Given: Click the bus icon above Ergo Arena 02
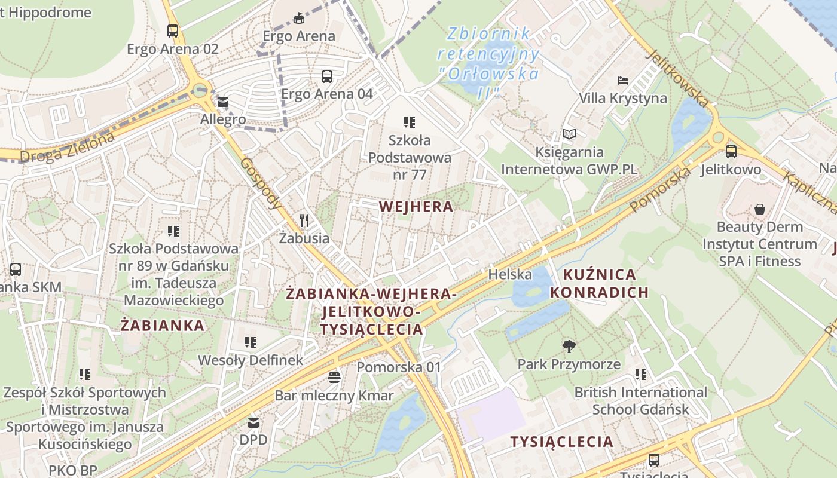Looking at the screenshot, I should tap(173, 31).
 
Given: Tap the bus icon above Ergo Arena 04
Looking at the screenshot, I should tap(327, 76).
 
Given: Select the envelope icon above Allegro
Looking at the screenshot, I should tap(223, 102).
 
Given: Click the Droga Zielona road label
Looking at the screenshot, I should tap(66, 148).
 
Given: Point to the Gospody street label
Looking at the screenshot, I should tap(261, 183).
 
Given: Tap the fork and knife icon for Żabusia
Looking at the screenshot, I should tap(305, 220).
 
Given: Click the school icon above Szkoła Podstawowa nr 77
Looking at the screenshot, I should tap(410, 122).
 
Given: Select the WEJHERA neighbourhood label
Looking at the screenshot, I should tap(416, 207).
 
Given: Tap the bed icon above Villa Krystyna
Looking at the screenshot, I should tap(623, 81).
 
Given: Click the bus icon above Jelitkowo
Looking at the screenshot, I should tap(731, 152).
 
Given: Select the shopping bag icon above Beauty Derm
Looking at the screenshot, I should tap(759, 209).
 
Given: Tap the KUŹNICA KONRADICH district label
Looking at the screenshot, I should tap(599, 283).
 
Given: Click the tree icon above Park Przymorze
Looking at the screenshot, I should tap(569, 346).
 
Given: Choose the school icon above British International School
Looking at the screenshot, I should tap(641, 375).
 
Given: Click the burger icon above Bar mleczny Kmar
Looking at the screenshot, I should tap(334, 378).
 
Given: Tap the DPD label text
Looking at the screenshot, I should tap(253, 440).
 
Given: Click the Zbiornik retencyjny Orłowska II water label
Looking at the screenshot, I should tap(488, 63).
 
